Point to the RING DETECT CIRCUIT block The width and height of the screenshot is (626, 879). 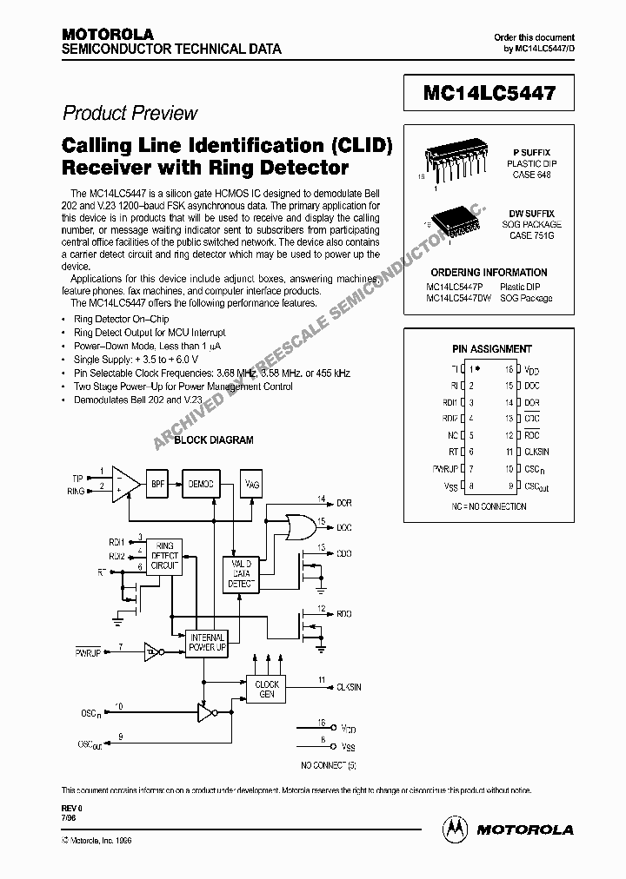(164, 556)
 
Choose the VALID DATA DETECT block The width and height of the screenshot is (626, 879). (243, 573)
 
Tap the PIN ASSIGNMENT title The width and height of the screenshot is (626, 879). (492, 348)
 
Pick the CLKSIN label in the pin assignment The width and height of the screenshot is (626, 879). (536, 452)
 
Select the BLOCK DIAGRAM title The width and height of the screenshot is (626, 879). (214, 440)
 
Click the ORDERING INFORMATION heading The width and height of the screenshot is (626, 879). (489, 273)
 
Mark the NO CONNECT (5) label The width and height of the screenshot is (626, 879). (329, 764)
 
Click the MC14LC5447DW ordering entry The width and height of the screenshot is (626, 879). (458, 298)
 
